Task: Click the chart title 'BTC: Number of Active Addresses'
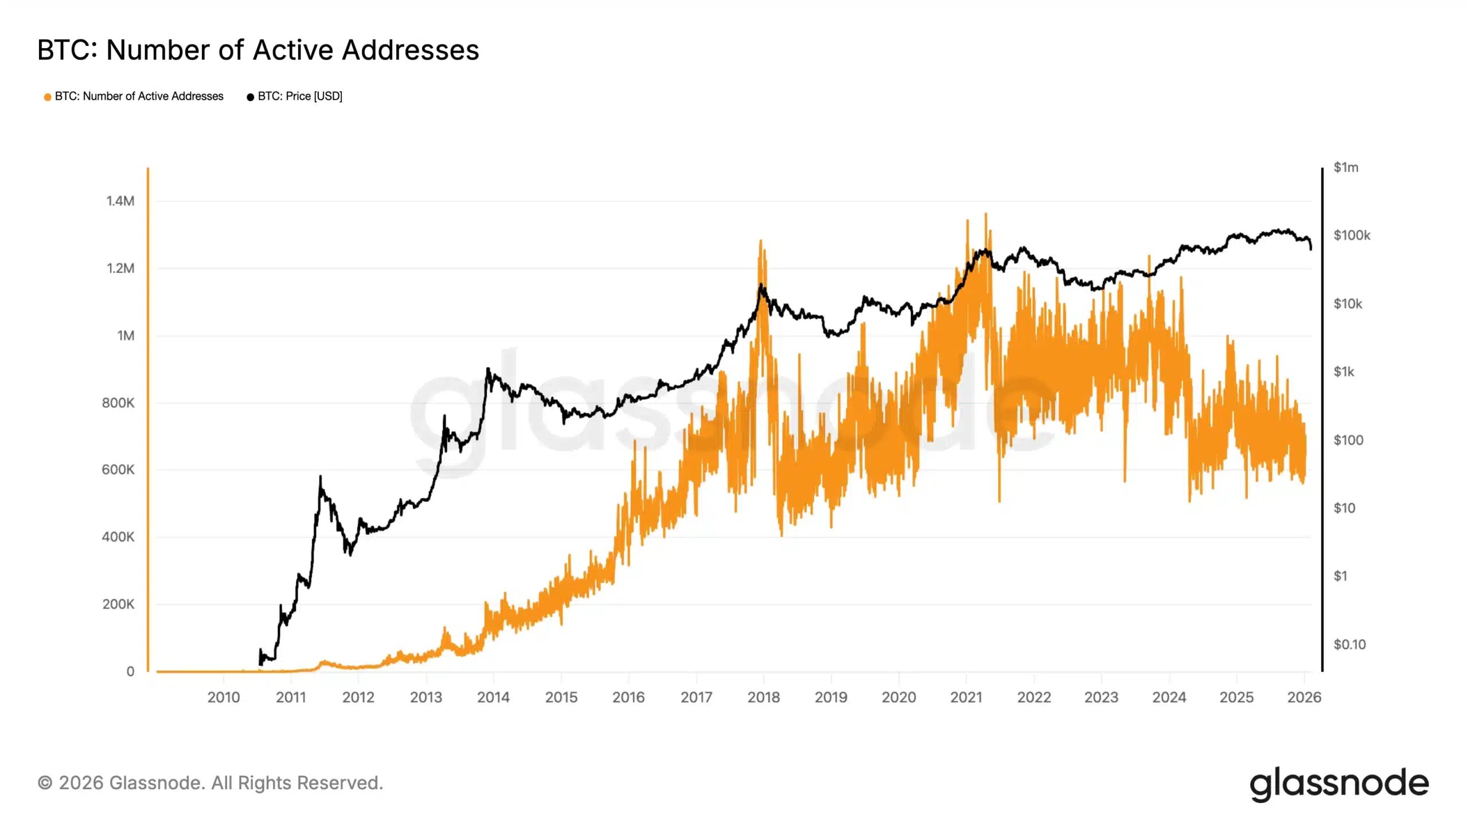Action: [x=258, y=50]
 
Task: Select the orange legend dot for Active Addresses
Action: [x=48, y=97]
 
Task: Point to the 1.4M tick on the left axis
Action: [x=120, y=201]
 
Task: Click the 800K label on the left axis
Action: [x=118, y=403]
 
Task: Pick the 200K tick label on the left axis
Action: [x=118, y=604]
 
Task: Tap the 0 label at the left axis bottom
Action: [x=130, y=671]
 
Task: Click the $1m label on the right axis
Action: [x=1345, y=167]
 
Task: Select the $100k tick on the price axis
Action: [x=1352, y=235]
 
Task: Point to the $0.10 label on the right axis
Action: [x=1349, y=644]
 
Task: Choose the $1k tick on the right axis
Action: [x=1344, y=372]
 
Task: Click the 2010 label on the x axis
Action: [x=224, y=698]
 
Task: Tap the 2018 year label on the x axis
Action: [x=763, y=698]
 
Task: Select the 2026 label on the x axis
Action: [x=1304, y=698]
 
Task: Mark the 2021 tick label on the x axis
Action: [x=966, y=698]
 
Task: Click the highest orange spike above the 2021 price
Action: [x=986, y=215]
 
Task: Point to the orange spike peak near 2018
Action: [x=761, y=241]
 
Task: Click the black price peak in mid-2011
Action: [x=320, y=477]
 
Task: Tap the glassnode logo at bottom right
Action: [x=1339, y=784]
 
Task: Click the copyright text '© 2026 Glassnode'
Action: [x=210, y=783]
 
